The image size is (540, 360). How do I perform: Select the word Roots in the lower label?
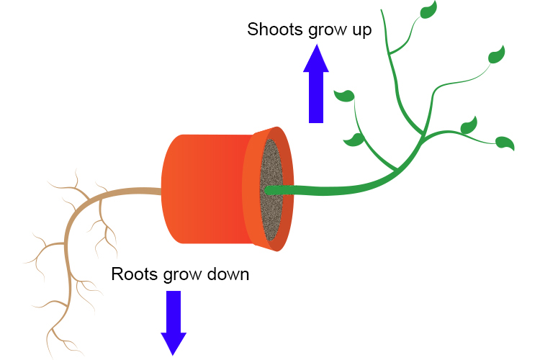(134, 274)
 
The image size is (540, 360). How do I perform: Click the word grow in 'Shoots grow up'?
(320, 32)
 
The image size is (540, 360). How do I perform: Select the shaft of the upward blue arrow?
(316, 97)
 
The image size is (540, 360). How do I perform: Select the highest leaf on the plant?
(428, 10)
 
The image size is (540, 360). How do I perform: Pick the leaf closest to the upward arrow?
(346, 95)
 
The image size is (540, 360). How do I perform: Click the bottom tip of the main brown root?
(55, 354)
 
